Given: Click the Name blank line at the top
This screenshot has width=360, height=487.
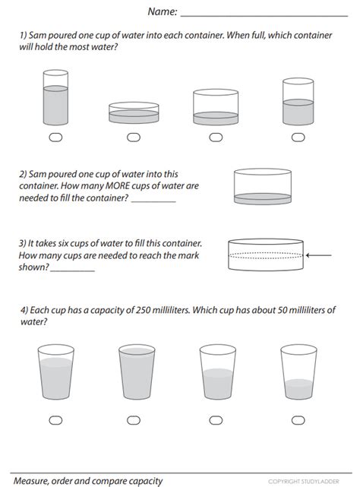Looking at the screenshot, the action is [x=264, y=16].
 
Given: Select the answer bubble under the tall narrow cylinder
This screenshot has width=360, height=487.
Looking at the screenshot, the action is [x=55, y=138].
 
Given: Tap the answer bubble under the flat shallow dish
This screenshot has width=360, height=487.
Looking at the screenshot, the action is [x=134, y=138].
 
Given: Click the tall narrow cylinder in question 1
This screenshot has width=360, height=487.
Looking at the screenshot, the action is [x=55, y=97].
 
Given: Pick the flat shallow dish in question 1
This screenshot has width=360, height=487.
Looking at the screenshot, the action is [x=134, y=112].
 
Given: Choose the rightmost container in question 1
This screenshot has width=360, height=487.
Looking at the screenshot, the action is [x=298, y=102].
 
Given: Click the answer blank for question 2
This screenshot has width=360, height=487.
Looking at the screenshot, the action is [x=153, y=202].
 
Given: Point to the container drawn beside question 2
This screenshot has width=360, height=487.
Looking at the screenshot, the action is [x=263, y=186].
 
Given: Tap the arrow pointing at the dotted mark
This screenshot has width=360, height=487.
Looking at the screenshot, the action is [x=319, y=255].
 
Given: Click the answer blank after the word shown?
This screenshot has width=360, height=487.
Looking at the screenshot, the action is [x=72, y=271].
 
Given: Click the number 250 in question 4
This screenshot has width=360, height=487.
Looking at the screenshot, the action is [x=142, y=310].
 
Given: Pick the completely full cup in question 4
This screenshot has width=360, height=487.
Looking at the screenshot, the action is [x=137, y=372].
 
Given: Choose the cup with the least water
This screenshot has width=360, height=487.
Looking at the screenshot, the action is [x=298, y=372].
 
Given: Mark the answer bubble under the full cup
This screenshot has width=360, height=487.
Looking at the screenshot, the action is [x=134, y=420].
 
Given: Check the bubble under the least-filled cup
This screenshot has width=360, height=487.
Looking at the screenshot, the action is [x=298, y=420].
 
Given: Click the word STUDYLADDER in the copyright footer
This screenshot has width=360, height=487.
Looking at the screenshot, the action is [x=321, y=482].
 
